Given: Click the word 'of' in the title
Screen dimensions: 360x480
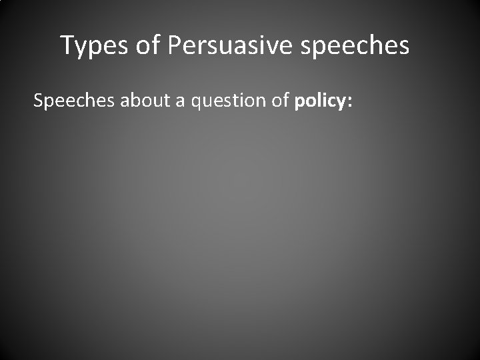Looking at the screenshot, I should [148, 46].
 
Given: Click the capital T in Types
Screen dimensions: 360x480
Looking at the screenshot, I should [67, 46].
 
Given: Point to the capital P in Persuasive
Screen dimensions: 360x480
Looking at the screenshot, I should [175, 46].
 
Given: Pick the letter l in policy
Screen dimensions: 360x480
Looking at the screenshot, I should [319, 101].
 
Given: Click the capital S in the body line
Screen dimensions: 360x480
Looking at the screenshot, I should [38, 101].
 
